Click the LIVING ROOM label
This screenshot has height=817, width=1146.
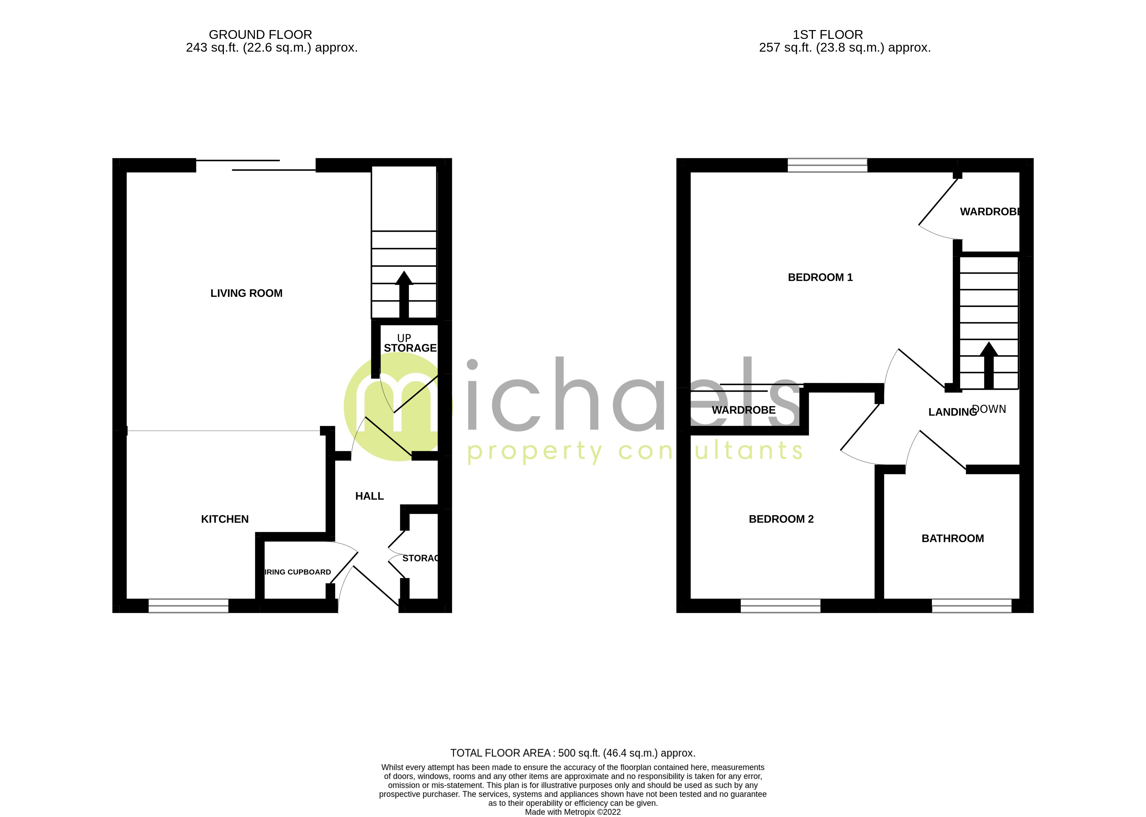(x=246, y=293)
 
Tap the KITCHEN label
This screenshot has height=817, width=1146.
(x=225, y=519)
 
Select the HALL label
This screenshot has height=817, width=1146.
(x=369, y=496)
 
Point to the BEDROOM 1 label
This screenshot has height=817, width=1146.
(x=820, y=277)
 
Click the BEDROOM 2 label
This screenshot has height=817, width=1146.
(x=781, y=519)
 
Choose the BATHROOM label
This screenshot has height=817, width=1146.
(x=953, y=538)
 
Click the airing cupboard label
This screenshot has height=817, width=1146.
(x=298, y=572)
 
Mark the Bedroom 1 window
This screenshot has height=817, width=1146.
(x=827, y=165)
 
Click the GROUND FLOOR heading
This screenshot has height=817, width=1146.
(x=260, y=35)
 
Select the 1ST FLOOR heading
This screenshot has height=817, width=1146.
(x=828, y=35)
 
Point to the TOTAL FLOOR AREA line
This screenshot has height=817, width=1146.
(x=573, y=753)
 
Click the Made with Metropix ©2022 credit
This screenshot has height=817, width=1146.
(x=573, y=812)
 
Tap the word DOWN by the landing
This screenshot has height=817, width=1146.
(x=989, y=409)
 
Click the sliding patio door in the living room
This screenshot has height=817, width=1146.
(x=256, y=165)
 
